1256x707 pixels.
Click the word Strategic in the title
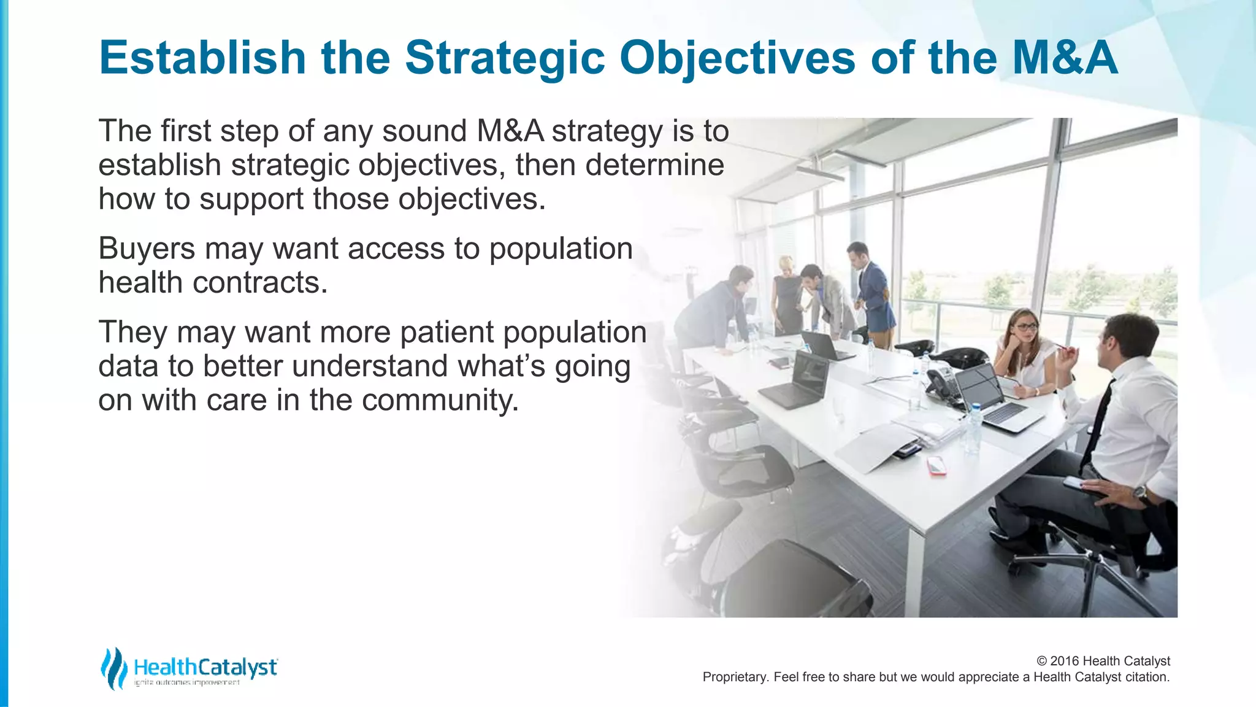(505, 58)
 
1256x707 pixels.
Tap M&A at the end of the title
(1065, 58)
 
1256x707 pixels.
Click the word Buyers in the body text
(147, 249)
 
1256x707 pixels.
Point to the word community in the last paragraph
(440, 400)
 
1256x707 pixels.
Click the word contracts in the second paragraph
(260, 283)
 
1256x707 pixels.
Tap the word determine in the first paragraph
(654, 165)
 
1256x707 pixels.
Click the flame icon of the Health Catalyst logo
(113, 668)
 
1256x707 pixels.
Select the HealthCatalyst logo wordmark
(205, 667)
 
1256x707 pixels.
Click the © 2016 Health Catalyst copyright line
(1103, 661)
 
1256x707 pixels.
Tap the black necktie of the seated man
(1098, 423)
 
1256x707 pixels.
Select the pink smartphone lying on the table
(936, 465)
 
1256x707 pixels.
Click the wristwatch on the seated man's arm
(1140, 492)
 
